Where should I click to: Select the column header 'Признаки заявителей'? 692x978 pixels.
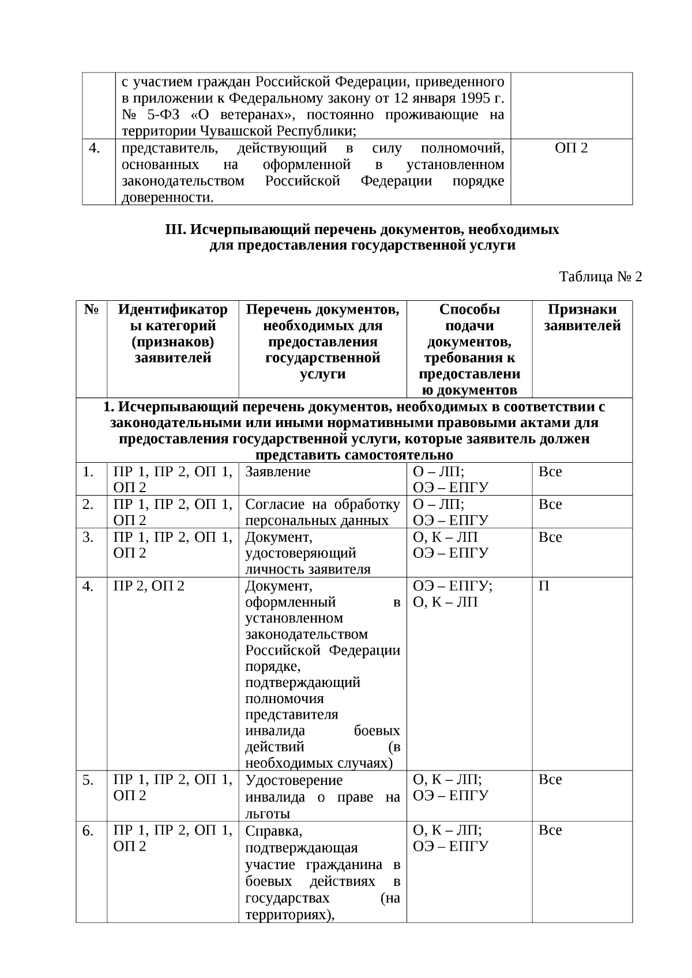pyautogui.click(x=582, y=318)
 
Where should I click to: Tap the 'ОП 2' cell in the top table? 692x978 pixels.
pyautogui.click(x=571, y=148)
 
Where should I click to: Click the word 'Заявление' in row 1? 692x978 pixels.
pyautogui.click(x=278, y=472)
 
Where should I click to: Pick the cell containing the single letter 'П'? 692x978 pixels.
pyautogui.click(x=544, y=587)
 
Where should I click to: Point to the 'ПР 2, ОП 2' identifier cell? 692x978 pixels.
pyautogui.click(x=149, y=587)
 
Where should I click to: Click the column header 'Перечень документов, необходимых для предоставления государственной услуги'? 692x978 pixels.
pyautogui.click(x=322, y=341)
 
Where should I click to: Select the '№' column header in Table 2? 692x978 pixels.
pyautogui.click(x=91, y=309)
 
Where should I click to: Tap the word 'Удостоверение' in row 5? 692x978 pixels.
pyautogui.click(x=294, y=780)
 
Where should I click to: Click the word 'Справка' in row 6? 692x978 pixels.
pyautogui.click(x=272, y=831)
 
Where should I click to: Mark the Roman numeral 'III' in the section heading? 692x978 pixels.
pyautogui.click(x=174, y=229)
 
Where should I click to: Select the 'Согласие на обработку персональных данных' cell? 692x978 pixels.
pyautogui.click(x=322, y=512)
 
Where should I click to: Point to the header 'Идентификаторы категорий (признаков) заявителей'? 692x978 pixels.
pyautogui.click(x=172, y=334)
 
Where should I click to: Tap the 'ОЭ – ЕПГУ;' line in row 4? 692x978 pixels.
pyautogui.click(x=453, y=587)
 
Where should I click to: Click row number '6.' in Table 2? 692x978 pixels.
pyautogui.click(x=88, y=831)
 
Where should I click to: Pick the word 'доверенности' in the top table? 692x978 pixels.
pyautogui.click(x=166, y=198)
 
